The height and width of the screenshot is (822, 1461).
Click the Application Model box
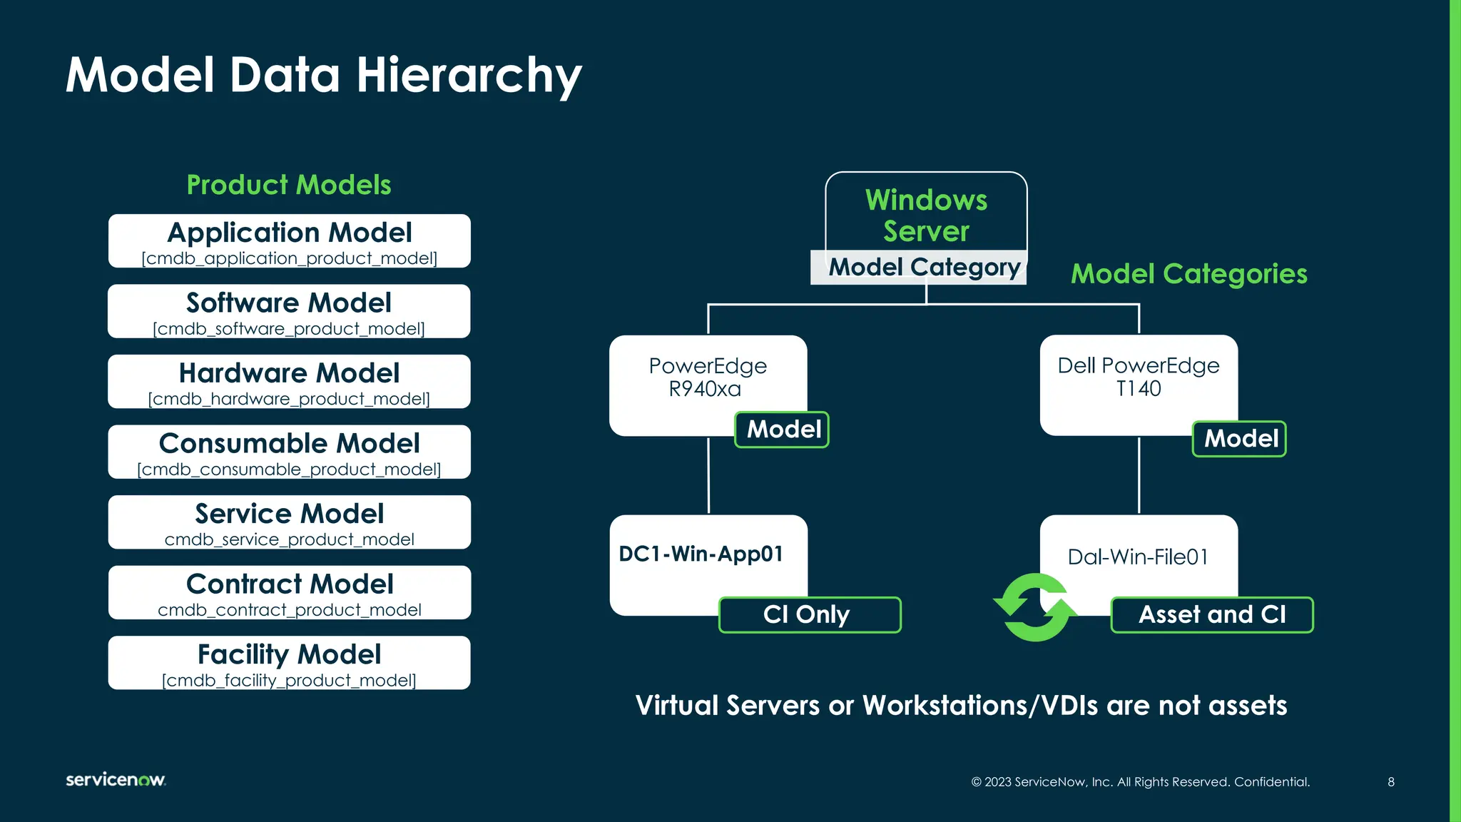point(289,241)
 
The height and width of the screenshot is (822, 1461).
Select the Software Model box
point(289,311)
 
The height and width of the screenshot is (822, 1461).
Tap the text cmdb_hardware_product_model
point(289,399)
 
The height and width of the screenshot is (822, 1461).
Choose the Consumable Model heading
point(289,443)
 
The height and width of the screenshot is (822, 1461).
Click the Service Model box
point(289,522)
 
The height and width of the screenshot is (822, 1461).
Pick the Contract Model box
point(289,592)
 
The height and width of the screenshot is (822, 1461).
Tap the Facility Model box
point(289,662)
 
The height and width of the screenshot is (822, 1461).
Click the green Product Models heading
point(289,185)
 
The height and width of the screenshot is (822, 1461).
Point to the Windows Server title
point(926,215)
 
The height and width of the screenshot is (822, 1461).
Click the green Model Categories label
point(1189,274)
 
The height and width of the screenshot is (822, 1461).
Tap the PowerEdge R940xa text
point(707,377)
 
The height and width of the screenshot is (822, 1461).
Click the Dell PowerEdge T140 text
point(1139,377)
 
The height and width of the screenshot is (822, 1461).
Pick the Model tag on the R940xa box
point(783,430)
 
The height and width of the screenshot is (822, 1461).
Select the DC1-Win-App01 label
point(701,554)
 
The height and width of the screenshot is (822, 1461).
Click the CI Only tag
point(810,614)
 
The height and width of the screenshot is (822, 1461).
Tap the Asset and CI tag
point(1212,614)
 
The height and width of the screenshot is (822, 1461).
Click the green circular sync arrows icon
point(1035,607)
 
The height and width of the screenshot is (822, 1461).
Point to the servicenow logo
point(116,779)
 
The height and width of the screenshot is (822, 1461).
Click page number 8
point(1391,782)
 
